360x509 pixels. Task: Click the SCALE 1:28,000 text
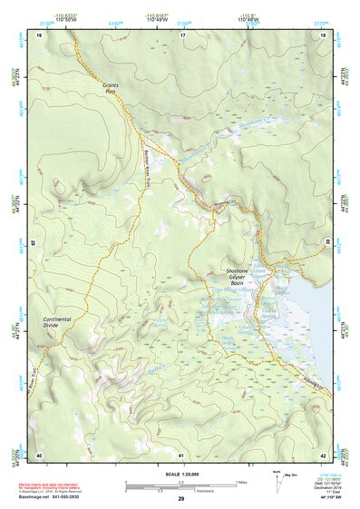(x=180, y=475)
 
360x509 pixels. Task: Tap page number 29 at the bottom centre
(x=180, y=499)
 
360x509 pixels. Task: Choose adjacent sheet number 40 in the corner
(x=39, y=455)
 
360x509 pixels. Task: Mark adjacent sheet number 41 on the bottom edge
(x=181, y=455)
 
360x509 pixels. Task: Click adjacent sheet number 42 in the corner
(x=323, y=455)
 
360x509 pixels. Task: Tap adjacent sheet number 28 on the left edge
(x=34, y=242)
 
